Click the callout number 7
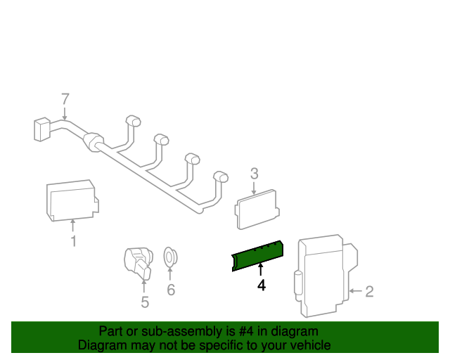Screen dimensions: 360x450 (65, 98)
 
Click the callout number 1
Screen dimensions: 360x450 (73, 243)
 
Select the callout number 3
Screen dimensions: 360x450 (255, 173)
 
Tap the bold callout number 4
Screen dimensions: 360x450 (261, 285)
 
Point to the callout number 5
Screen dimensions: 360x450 (145, 302)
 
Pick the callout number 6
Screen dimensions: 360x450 (170, 289)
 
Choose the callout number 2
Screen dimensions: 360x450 (369, 290)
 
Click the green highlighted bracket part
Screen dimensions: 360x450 (257, 255)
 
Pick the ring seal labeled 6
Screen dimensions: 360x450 (169, 257)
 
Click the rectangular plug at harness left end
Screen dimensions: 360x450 (41, 130)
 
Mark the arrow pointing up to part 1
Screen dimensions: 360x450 (73, 226)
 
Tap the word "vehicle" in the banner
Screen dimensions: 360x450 (310, 345)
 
